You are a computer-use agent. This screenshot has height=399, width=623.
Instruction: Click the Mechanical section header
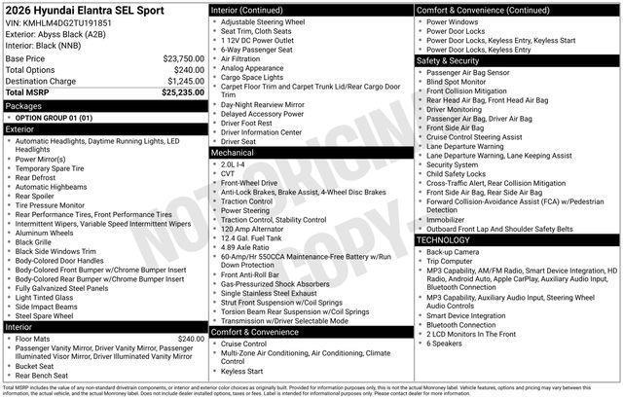[234, 153]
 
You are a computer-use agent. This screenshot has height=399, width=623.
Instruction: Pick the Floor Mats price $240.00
[192, 339]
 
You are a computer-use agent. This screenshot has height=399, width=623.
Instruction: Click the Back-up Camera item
[453, 252]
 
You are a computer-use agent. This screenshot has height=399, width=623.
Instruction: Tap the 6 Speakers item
[447, 344]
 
